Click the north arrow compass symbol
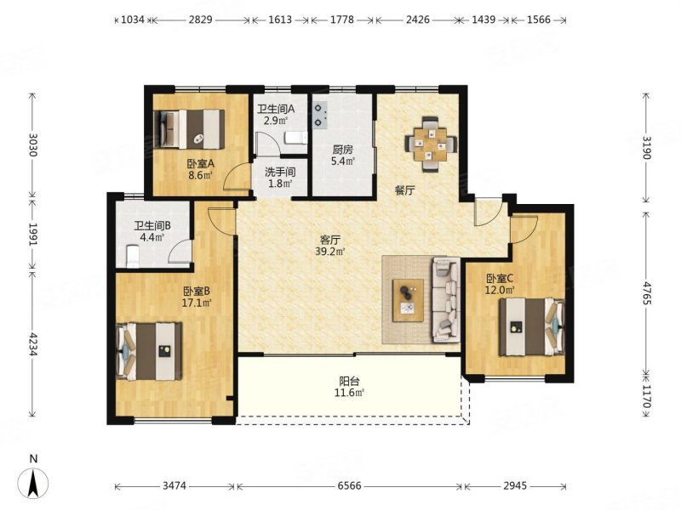click(32, 482)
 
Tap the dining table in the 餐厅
click(431, 144)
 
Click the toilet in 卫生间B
click(132, 256)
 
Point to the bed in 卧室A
click(190, 129)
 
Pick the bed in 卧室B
click(149, 351)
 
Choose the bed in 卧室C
click(531, 326)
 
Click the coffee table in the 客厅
click(408, 300)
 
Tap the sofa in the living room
click(445, 299)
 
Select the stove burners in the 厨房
click(320, 115)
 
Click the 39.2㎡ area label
click(330, 251)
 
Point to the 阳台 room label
click(349, 381)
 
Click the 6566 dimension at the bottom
click(350, 485)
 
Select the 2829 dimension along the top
click(200, 20)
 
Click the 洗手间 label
click(280, 172)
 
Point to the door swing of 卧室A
click(237, 178)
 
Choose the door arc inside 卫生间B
click(179, 252)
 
